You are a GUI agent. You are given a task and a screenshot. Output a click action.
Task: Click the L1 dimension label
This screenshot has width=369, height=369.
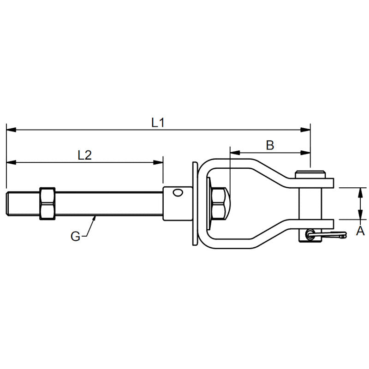[158, 123]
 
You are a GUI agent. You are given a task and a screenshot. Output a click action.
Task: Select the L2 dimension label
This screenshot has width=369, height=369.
[84, 155]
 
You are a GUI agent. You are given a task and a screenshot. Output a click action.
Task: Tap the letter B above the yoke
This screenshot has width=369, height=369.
[270, 145]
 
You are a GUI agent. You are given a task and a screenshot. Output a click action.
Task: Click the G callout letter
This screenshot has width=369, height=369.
[75, 236]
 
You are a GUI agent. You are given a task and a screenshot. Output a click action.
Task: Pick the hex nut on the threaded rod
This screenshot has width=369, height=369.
[48, 203]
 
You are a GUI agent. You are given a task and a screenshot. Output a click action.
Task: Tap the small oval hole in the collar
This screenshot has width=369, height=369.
[178, 192]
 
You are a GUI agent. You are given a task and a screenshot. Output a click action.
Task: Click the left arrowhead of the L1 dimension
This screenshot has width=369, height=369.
[11, 130]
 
